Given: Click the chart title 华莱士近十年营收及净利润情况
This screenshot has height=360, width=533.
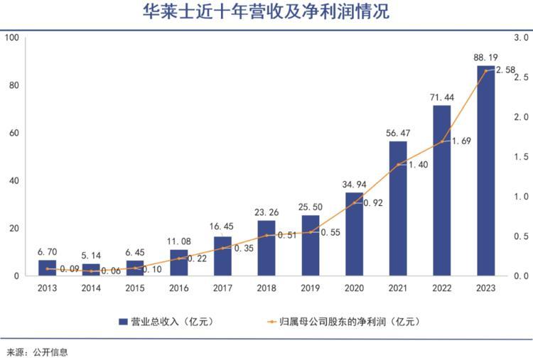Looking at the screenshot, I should tap(266, 13).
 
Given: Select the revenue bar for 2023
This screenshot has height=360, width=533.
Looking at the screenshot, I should tap(486, 170).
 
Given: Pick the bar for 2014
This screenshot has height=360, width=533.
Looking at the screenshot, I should tap(91, 269).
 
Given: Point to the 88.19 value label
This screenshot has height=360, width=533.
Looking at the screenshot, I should tap(486, 56).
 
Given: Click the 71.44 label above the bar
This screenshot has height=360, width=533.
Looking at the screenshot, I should tap(442, 96).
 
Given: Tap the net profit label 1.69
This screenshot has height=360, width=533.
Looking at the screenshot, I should tap(462, 141).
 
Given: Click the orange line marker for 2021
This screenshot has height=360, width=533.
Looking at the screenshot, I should tap(398, 165).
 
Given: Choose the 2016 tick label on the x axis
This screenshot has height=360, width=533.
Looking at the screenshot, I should tap(178, 288).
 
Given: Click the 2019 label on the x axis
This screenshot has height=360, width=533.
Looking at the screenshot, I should tap(310, 288).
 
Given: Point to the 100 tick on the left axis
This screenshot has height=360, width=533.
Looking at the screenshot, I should tap(11, 37).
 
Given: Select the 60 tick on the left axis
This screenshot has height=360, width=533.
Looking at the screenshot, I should tap(14, 133).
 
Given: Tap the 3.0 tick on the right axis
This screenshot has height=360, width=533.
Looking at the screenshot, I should tap(522, 37).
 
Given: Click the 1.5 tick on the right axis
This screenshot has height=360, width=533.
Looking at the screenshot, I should tap(522, 156).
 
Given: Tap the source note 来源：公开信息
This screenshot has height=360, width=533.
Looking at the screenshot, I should tap(37, 351).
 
